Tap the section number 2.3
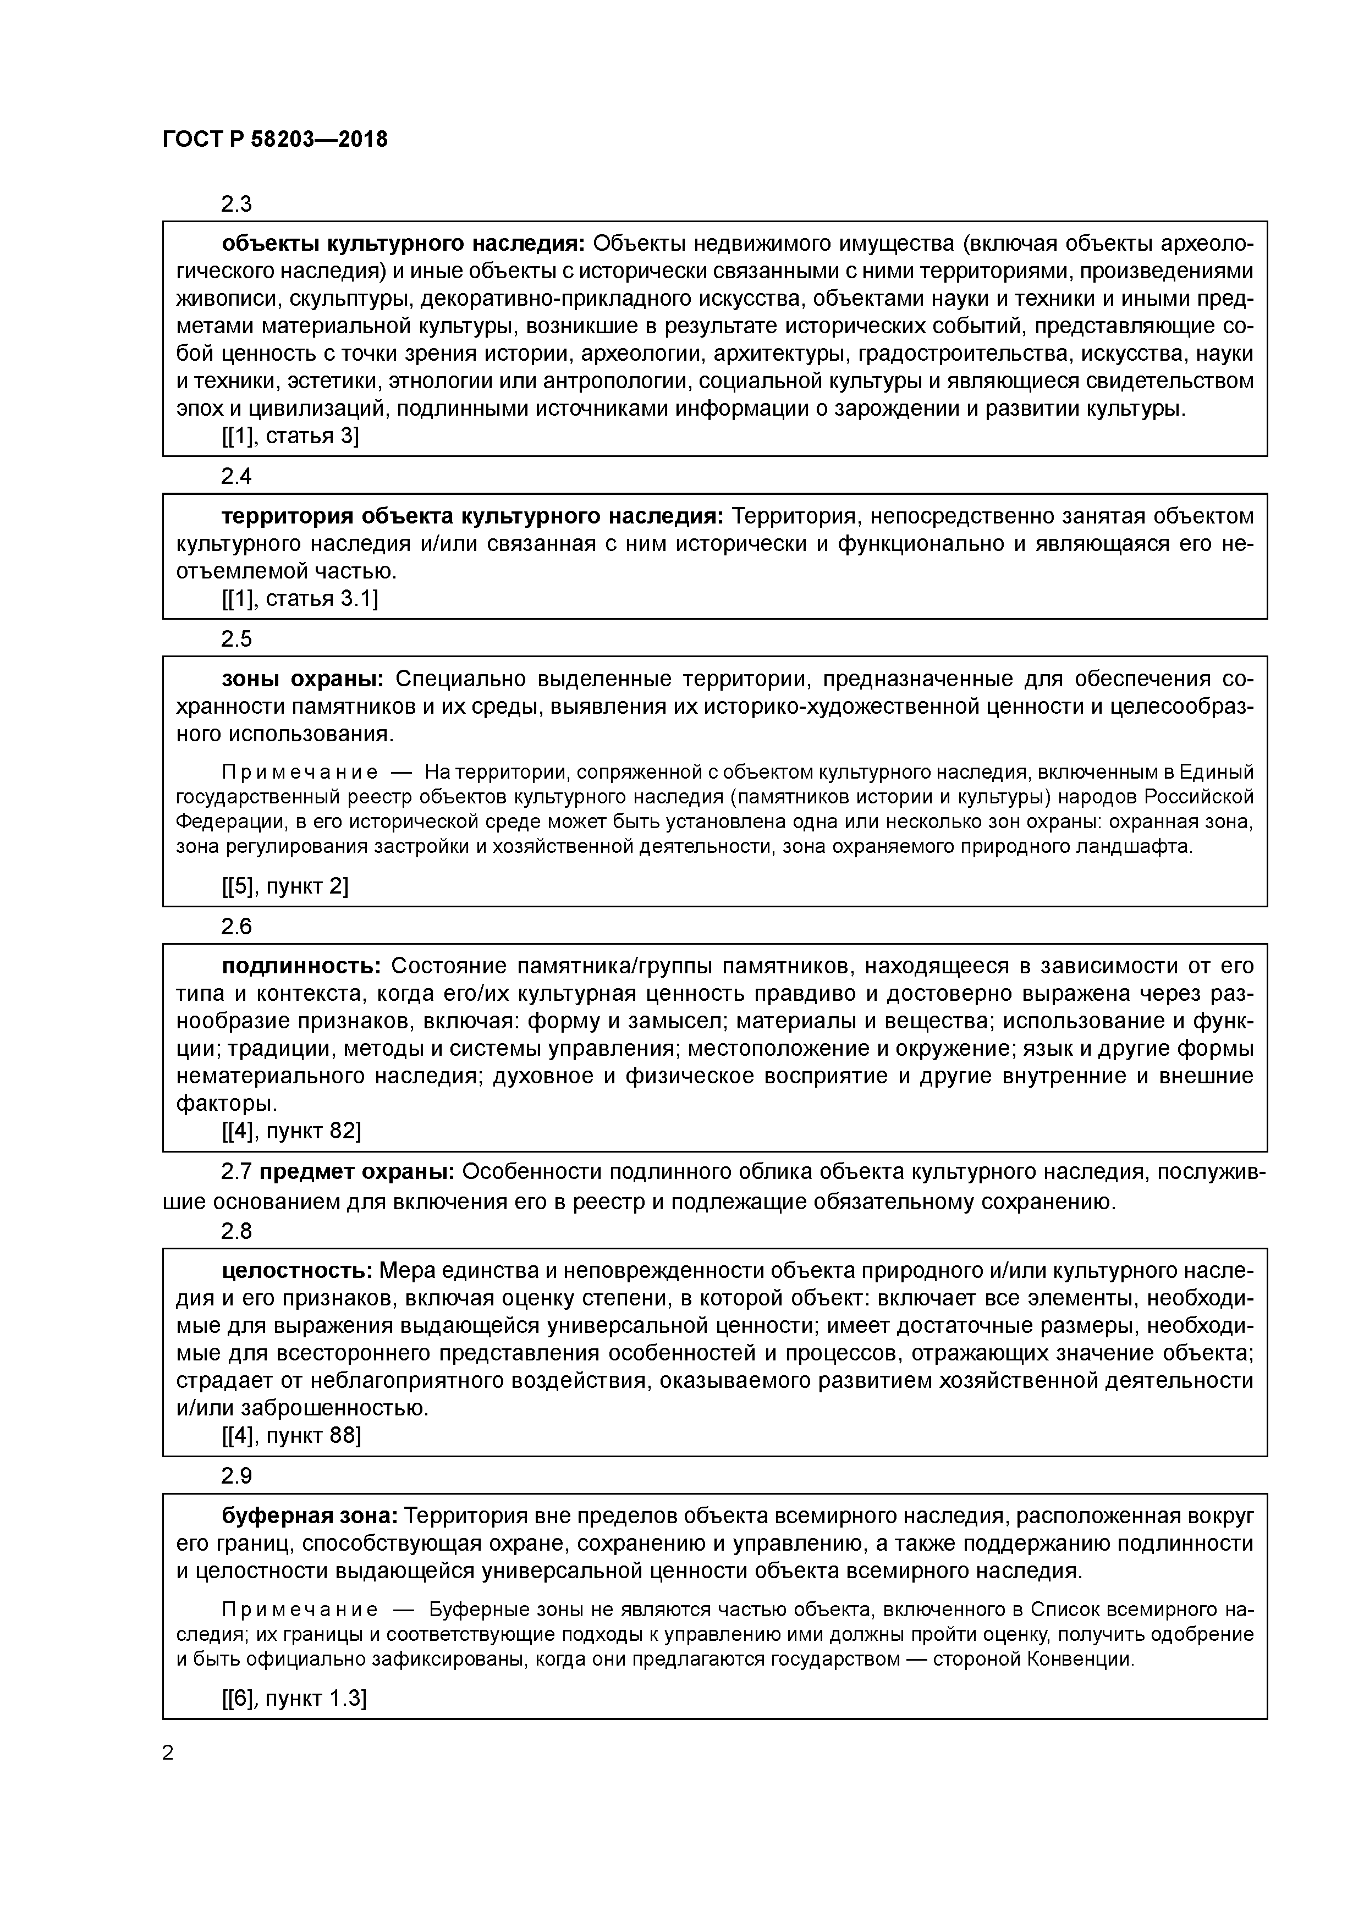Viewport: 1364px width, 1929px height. (236, 204)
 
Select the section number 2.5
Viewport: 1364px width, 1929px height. (236, 640)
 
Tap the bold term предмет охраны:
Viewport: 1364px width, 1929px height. (357, 1172)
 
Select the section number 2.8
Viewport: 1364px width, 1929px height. (236, 1232)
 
